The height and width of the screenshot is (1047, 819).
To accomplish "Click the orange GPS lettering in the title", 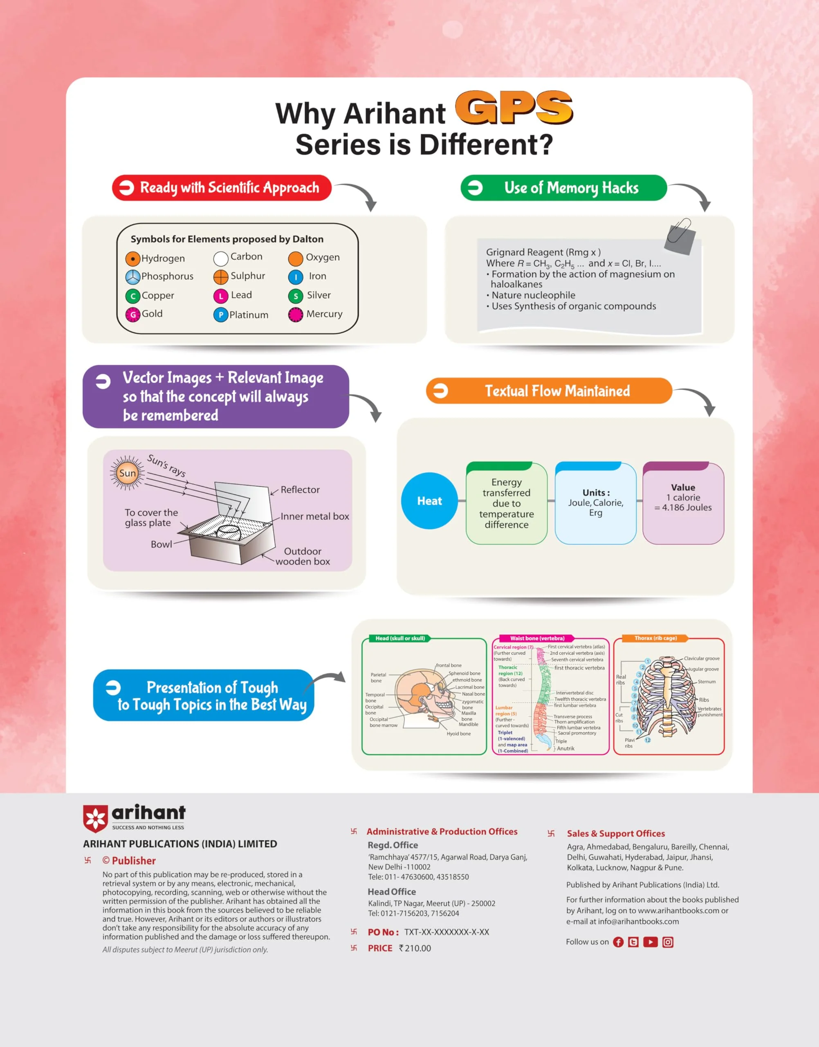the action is click(x=514, y=108).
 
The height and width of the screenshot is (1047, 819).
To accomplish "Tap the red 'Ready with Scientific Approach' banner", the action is click(x=222, y=188).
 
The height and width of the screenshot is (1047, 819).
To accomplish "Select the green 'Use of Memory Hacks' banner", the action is click(x=563, y=188).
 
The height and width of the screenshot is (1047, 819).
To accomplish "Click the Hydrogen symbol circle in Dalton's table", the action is click(x=132, y=259).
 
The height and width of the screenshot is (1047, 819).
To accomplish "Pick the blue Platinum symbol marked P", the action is click(x=220, y=315).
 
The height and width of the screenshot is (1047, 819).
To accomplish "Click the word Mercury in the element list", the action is click(x=325, y=314).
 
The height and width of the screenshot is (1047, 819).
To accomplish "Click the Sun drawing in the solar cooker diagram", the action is click(x=127, y=473).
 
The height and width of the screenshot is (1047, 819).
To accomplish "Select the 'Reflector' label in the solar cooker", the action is click(x=300, y=490).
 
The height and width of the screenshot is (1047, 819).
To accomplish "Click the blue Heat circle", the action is click(x=429, y=501).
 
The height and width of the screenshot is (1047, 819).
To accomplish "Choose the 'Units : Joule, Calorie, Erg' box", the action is click(x=596, y=503).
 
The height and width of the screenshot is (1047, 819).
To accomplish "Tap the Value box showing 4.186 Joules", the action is click(x=683, y=503).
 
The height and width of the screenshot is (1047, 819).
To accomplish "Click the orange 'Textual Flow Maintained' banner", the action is click(x=549, y=391).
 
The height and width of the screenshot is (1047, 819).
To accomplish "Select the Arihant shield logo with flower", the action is click(x=95, y=819).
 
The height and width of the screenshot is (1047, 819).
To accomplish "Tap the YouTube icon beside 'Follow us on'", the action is click(x=650, y=942).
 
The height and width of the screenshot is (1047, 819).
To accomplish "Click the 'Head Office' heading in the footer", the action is click(x=392, y=892).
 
